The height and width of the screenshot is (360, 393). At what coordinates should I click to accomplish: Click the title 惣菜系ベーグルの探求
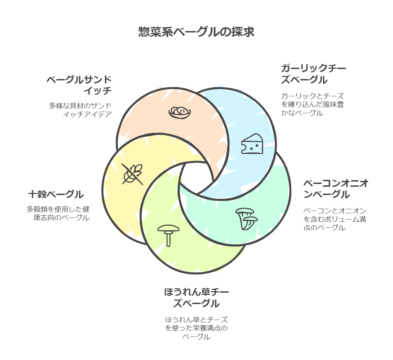click(196, 32)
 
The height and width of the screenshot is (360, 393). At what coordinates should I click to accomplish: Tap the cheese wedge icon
click(252, 144)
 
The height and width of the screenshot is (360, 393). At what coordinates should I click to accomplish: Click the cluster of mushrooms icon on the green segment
click(247, 218)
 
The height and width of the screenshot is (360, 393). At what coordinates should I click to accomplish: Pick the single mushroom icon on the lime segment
click(168, 235)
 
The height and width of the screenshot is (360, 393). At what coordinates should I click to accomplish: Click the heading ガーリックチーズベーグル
click(313, 74)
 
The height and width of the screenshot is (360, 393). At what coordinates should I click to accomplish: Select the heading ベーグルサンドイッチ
click(80, 85)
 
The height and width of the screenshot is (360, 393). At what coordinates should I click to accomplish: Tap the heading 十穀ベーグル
click(56, 194)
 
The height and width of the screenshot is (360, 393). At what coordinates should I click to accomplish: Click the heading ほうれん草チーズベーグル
click(196, 298)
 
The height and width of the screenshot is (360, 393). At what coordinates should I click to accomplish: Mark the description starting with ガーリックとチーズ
click(312, 104)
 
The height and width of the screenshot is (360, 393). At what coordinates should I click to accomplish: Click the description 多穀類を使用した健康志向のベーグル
click(58, 213)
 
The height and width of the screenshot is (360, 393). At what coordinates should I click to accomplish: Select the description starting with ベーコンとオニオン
click(334, 219)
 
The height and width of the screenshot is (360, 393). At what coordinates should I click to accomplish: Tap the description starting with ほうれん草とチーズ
click(196, 328)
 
